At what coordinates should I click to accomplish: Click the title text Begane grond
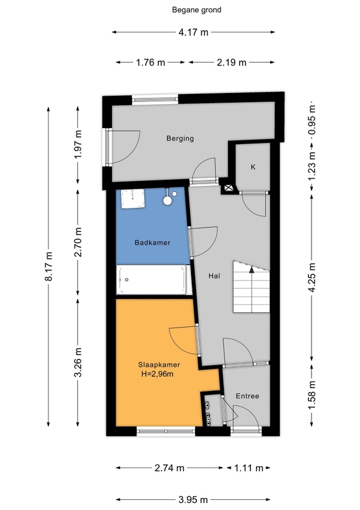click(x=196, y=10)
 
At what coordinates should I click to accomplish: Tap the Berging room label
click(x=180, y=138)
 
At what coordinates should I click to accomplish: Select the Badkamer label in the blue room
click(x=152, y=243)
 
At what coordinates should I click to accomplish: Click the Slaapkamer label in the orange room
click(x=159, y=365)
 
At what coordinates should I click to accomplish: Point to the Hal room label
click(x=214, y=276)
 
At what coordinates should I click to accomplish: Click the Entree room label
click(x=247, y=396)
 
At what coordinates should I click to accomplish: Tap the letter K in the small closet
click(x=253, y=167)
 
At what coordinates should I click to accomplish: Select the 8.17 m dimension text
click(x=48, y=266)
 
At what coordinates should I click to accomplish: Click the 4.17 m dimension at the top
click(x=193, y=33)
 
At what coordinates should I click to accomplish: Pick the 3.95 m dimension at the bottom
click(x=193, y=499)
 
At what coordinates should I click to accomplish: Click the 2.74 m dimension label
click(x=169, y=468)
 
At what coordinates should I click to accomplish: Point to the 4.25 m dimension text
click(x=312, y=277)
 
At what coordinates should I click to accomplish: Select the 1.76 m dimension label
click(x=150, y=62)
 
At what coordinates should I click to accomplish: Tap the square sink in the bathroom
click(x=133, y=199)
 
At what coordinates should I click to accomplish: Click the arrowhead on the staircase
click(x=252, y=268)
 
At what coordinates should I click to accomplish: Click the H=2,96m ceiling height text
click(x=157, y=374)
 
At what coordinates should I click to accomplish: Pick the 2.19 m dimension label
click(x=231, y=62)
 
